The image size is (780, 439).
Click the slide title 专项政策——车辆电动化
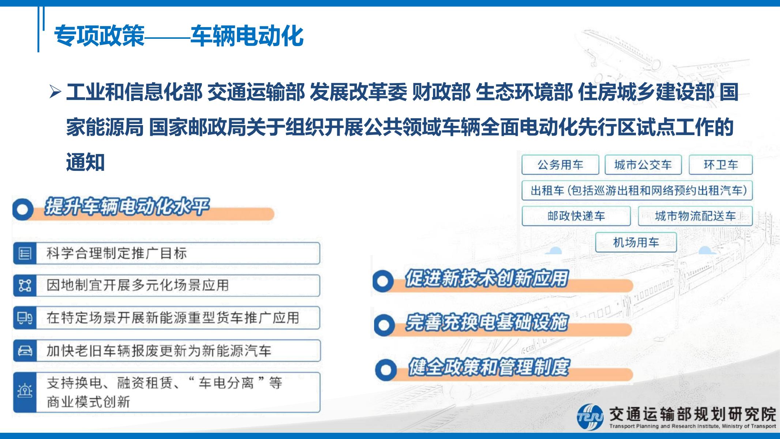click(x=179, y=36)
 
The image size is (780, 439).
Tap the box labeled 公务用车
click(x=560, y=165)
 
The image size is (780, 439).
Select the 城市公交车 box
click(x=643, y=165)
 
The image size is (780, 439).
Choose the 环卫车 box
click(x=721, y=165)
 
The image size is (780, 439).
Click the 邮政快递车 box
click(x=576, y=216)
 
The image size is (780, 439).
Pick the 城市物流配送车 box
click(x=695, y=216)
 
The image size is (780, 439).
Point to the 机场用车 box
click(x=636, y=242)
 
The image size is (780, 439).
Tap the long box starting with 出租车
click(x=637, y=190)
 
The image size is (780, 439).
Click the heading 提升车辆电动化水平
click(x=127, y=207)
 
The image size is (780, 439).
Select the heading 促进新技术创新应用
click(x=487, y=279)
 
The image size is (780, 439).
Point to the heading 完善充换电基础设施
click(x=487, y=323)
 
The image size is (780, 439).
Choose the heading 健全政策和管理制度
click(x=489, y=367)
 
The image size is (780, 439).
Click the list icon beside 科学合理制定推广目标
click(x=25, y=253)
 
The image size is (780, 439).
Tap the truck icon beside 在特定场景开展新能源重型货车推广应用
click(x=25, y=318)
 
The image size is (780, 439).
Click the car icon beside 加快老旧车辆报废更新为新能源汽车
click(x=25, y=351)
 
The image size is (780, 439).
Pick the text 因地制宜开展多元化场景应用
click(x=137, y=285)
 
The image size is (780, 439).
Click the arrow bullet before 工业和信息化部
click(x=55, y=92)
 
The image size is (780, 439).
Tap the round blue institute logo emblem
click(x=590, y=417)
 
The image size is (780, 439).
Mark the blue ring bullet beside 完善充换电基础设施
click(x=384, y=324)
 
